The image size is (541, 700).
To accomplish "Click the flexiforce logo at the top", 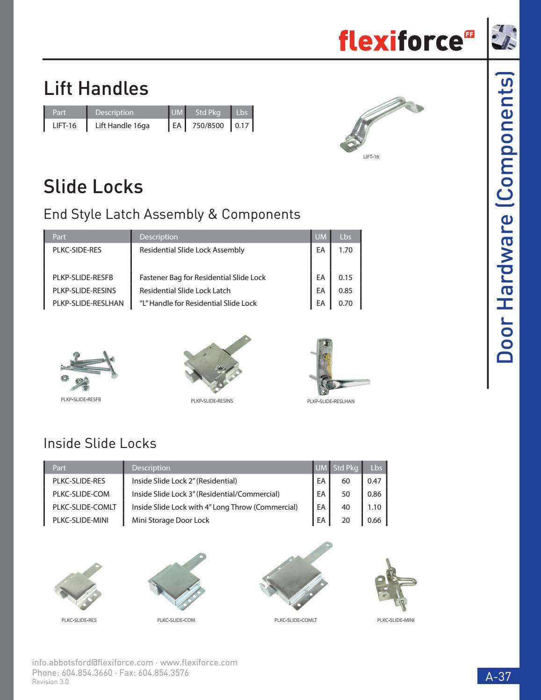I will (406, 40).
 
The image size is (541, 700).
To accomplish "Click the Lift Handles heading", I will (96, 88).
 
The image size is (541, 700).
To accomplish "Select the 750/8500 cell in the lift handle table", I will (208, 125).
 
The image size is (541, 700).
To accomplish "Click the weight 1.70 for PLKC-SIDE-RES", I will (345, 250).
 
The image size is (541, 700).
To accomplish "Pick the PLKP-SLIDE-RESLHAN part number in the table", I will (88, 303).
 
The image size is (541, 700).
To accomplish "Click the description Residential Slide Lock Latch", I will (185, 290).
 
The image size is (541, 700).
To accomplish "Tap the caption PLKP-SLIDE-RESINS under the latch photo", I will (212, 401).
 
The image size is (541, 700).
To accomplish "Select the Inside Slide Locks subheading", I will (100, 443).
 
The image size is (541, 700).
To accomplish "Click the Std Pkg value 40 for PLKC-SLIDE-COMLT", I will (346, 507).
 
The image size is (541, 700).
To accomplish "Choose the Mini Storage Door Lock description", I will (170, 520).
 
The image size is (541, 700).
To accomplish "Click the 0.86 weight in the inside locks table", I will (374, 494).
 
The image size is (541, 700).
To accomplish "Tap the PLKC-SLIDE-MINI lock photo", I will (396, 585).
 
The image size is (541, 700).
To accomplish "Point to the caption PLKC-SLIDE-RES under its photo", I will (79, 620).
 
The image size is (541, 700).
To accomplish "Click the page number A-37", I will (498, 676).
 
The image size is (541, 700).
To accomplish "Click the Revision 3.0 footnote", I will (50, 682).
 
